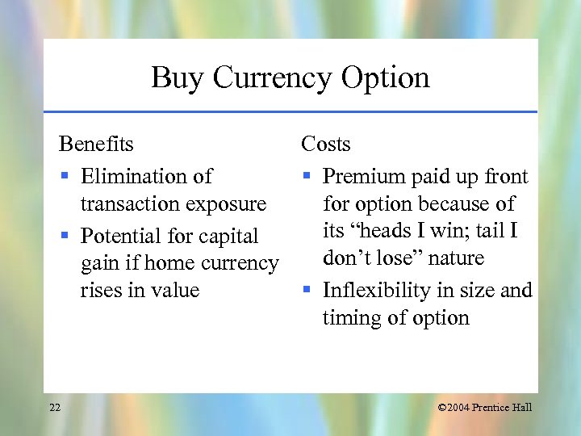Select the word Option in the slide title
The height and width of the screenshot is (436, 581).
385,78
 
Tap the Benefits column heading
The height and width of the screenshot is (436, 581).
96,145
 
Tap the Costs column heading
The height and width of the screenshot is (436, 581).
326,145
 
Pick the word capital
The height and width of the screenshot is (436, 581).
228,237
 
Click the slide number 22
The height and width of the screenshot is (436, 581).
55,407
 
